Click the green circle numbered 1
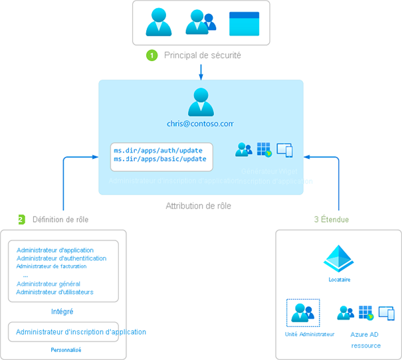[x=151, y=55]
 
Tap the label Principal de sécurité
[x=202, y=55]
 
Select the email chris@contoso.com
[x=201, y=124]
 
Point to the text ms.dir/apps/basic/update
[x=160, y=159]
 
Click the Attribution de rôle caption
[x=199, y=206]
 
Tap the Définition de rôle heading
[x=60, y=219]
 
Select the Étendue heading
[x=334, y=219]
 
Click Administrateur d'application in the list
[x=55, y=250]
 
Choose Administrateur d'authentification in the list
[x=61, y=258]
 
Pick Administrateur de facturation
[x=56, y=266]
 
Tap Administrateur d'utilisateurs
[x=54, y=292]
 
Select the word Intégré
[x=62, y=312]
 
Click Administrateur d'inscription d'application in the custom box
[x=80, y=331]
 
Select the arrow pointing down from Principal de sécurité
[x=201, y=71]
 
